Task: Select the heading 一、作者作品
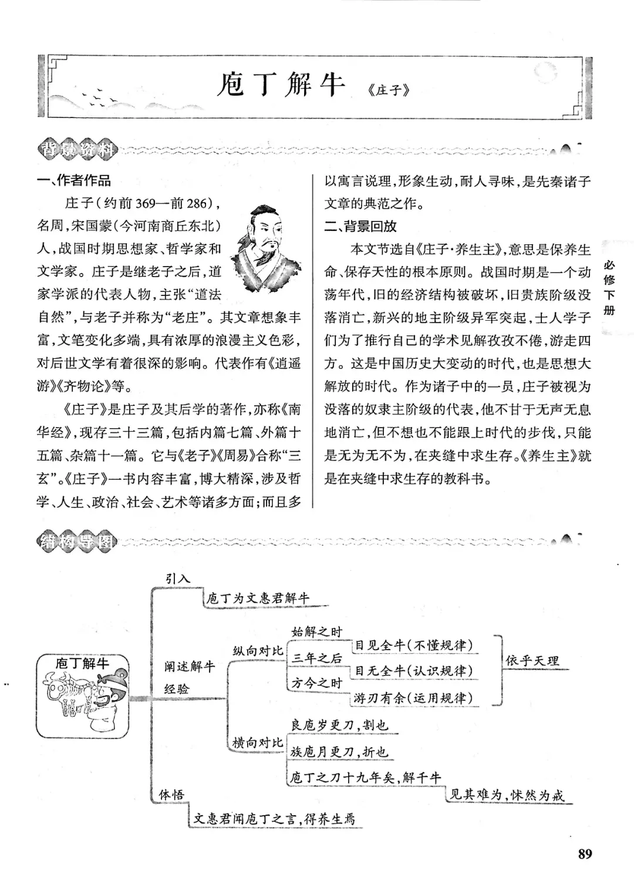pos(74,180)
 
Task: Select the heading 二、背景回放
pos(361,226)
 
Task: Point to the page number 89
pos(585,853)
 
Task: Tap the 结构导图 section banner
pos(76,541)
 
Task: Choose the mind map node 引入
pos(178,578)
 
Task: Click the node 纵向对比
pos(258,651)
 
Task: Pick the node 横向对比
pos(258,742)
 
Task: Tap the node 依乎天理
pos(532,660)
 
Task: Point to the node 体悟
pos(171,795)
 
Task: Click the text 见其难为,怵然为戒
pos(507,795)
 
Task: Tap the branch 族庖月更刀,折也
pos(339,752)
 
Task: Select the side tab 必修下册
pos(609,288)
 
